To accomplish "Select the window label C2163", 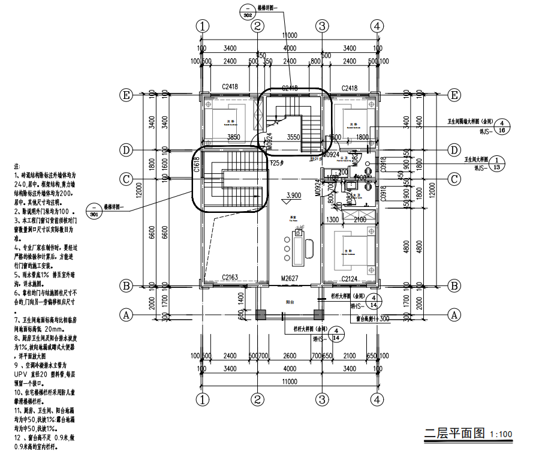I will coord(230,278).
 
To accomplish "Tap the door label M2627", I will coord(290,278).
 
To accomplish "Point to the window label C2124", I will coord(350,278).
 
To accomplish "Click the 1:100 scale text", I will coord(501,435).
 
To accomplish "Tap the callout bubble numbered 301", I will coord(94,212).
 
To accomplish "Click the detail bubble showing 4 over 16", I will coord(501,126).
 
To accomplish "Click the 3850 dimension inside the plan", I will coord(234,137).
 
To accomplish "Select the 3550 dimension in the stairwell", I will coord(293,137).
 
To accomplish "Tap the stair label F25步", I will coord(276,163).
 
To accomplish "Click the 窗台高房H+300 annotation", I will coord(373,318).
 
